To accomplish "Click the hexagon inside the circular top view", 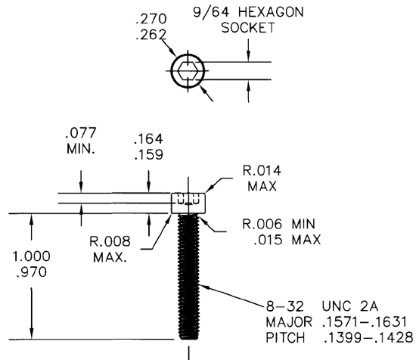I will click(x=186, y=73).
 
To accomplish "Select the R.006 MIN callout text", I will click(x=281, y=225).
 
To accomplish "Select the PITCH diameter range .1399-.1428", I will click(x=359, y=337).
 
